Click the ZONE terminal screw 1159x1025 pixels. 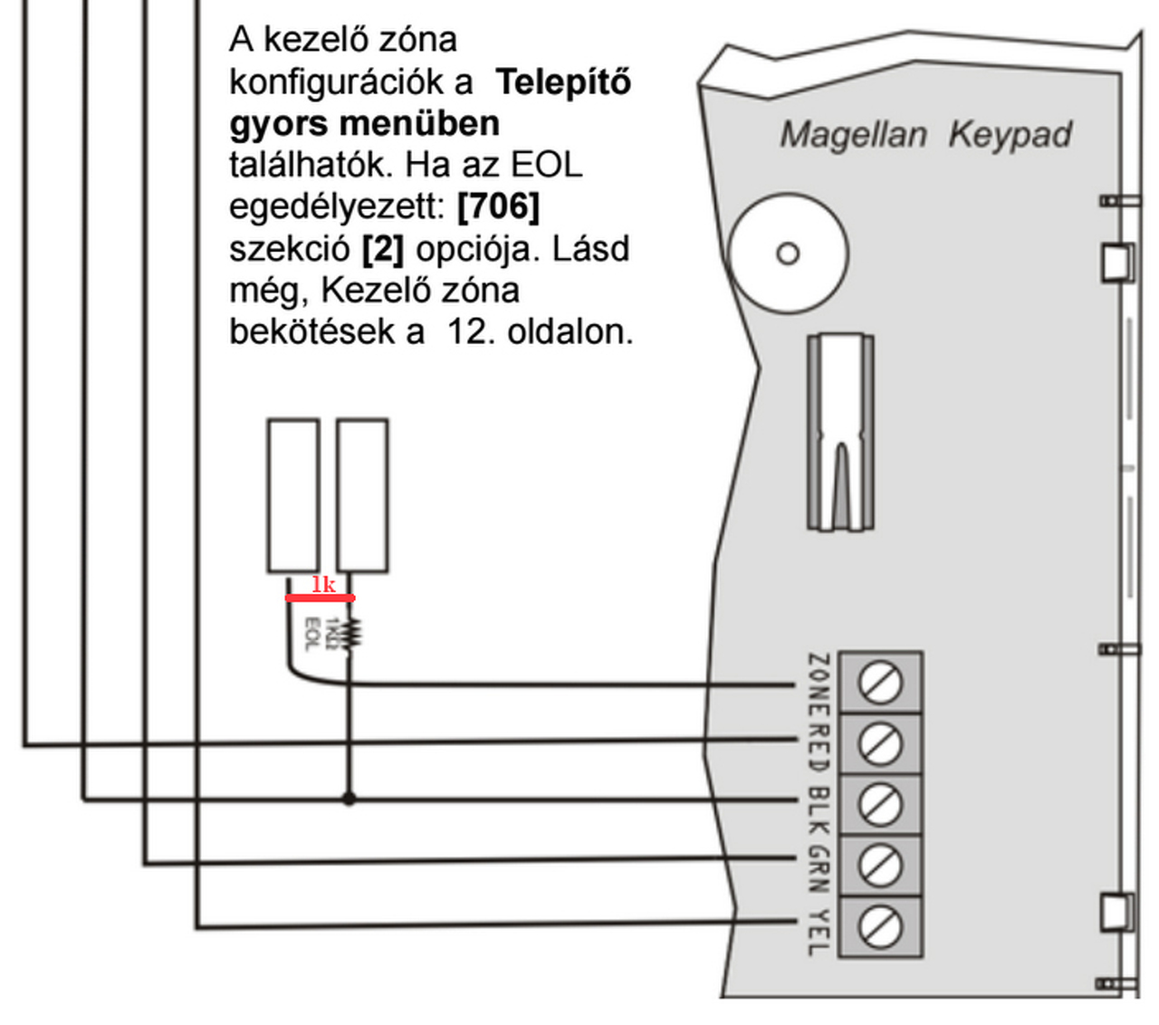pos(879,683)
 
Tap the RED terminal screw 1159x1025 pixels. pos(879,744)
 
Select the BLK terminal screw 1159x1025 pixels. pos(879,804)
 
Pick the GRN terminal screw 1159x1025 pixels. pos(879,866)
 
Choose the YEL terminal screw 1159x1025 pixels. pos(879,926)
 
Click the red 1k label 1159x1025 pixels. pos(323,585)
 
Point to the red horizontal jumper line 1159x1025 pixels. pos(320,598)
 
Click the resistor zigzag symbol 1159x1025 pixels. pos(352,632)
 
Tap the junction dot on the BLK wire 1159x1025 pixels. pos(349,799)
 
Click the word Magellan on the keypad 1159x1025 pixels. pos(853,135)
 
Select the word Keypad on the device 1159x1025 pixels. pos(1010,135)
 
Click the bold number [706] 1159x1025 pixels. pos(498,206)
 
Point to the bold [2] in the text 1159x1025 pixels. pos(382,248)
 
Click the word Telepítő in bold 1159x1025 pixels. pos(563,82)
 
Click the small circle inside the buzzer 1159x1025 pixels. pos(788,254)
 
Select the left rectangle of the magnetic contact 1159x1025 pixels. pos(293,495)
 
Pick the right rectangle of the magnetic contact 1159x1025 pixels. pos(363,495)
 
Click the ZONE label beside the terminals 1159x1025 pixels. pos(818,683)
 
